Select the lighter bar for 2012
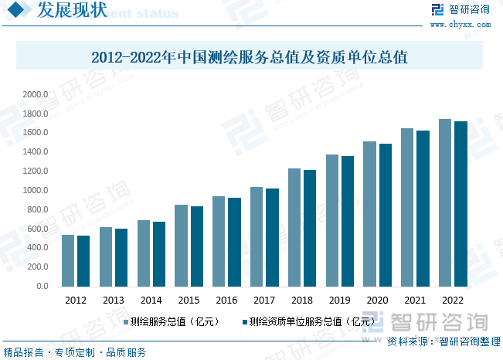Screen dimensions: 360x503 68,260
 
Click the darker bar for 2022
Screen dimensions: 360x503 461,204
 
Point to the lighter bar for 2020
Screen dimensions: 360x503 370,214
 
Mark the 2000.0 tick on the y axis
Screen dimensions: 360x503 36,94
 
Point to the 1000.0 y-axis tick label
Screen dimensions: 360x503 36,190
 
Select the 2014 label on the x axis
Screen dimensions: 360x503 151,301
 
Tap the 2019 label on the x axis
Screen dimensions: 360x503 339,301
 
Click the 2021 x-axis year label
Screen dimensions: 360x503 415,301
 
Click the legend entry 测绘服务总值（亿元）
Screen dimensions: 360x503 174,321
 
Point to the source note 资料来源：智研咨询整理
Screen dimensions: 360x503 444,341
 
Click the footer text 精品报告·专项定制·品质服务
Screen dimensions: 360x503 75,352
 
